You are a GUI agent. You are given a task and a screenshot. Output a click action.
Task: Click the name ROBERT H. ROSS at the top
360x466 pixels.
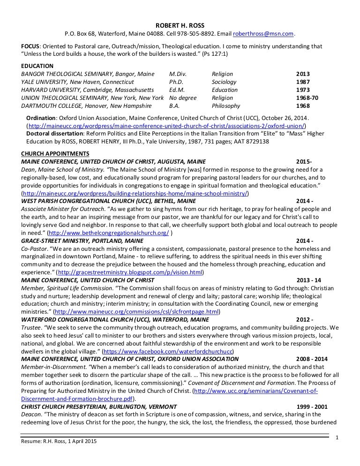180,25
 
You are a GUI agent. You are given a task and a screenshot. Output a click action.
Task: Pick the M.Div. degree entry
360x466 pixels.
178,74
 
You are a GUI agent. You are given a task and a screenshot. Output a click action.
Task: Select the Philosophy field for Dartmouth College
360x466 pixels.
225,106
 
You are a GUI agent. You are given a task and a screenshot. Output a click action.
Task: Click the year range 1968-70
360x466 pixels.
307,98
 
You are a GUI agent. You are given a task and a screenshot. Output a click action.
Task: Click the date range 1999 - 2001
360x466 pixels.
313,406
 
